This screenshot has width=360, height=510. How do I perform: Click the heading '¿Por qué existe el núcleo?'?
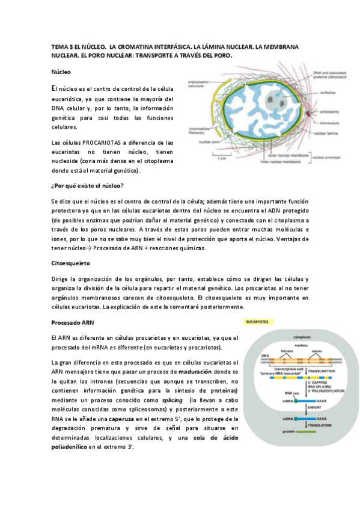87,185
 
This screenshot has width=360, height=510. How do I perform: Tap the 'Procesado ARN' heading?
72,322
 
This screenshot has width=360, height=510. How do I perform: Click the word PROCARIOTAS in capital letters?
99,143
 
